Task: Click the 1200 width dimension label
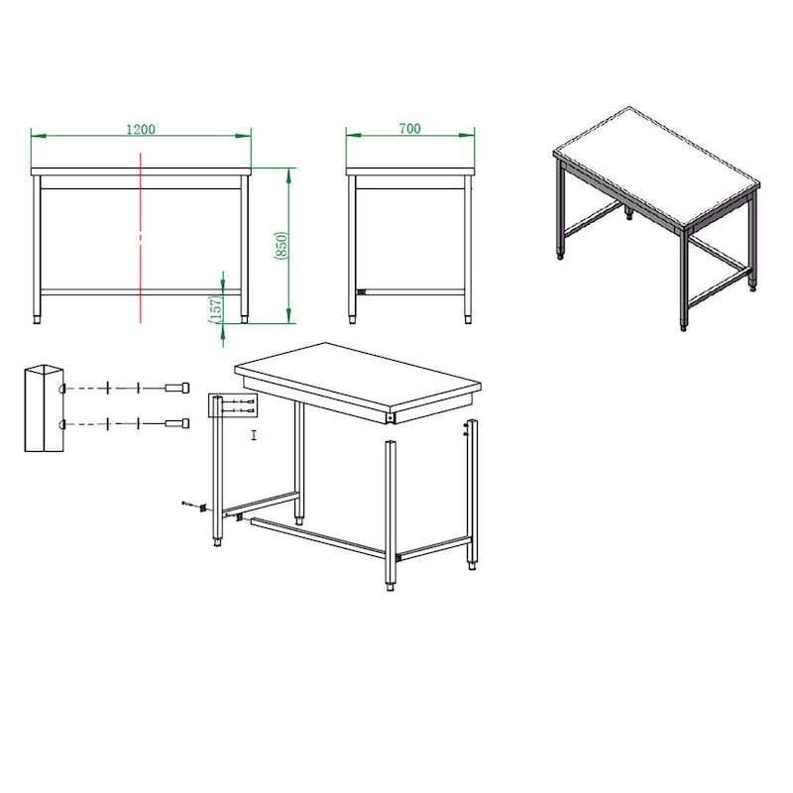(x=141, y=130)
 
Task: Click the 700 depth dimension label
(x=409, y=129)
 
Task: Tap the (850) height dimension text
(x=282, y=246)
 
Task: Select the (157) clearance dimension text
(x=215, y=309)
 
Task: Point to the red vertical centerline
(x=141, y=237)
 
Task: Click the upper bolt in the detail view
(x=177, y=388)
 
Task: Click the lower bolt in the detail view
(x=177, y=423)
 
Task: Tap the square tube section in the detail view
(x=44, y=407)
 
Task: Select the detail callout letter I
(x=254, y=435)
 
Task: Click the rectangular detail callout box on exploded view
(x=233, y=405)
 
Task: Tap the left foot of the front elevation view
(x=37, y=319)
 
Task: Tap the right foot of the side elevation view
(x=468, y=319)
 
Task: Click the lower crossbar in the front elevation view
(x=141, y=291)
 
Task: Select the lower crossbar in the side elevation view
(x=410, y=291)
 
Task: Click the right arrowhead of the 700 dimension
(x=467, y=135)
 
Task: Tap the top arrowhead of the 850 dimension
(x=288, y=175)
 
